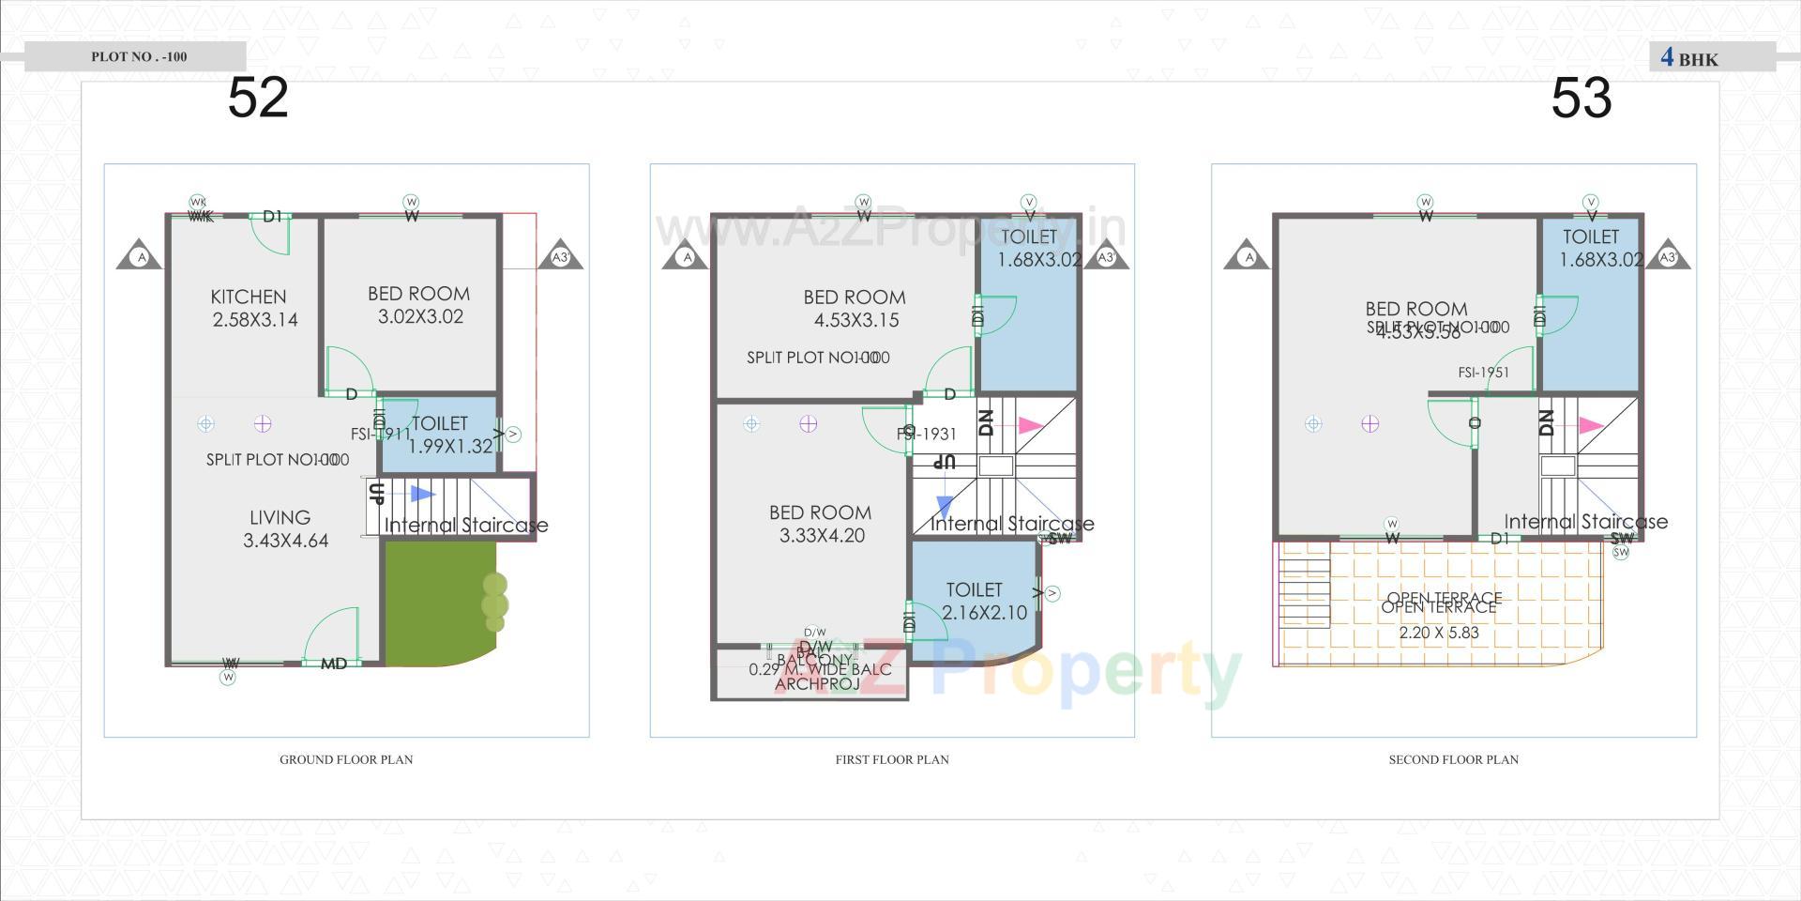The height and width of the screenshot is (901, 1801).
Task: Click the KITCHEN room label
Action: pos(249,297)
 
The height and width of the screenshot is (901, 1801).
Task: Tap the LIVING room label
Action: pos(280,517)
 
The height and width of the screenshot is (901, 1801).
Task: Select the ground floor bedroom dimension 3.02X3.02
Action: pos(420,317)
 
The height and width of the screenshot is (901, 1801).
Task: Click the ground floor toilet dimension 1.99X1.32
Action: pos(450,447)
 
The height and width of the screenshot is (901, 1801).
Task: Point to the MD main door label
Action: pos(334,664)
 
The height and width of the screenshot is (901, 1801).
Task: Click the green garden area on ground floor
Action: pos(431,605)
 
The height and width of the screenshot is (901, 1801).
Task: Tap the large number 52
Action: pos(258,98)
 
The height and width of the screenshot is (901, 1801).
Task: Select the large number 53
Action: pos(1582,98)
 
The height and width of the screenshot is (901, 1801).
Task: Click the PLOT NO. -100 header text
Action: pos(139,56)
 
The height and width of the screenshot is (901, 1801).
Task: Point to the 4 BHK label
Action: pos(1689,58)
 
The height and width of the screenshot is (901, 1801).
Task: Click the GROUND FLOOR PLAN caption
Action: pos(346,759)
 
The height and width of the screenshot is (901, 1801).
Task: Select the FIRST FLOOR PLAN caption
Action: pos(892,759)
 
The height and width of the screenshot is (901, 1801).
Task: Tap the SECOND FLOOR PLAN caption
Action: pos(1453,759)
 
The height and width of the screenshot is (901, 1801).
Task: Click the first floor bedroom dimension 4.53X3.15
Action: pos(856,320)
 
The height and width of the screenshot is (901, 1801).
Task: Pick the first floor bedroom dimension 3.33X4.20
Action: pos(822,536)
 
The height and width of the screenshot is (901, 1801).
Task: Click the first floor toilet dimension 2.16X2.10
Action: pos(984,613)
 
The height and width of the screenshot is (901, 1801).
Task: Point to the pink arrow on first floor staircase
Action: pos(1031,425)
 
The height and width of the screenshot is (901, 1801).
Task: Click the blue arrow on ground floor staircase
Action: pos(422,494)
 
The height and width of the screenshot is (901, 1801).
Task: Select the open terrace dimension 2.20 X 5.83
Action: pos(1439,633)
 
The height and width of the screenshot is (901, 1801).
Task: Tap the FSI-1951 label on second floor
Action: pos(1484,373)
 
